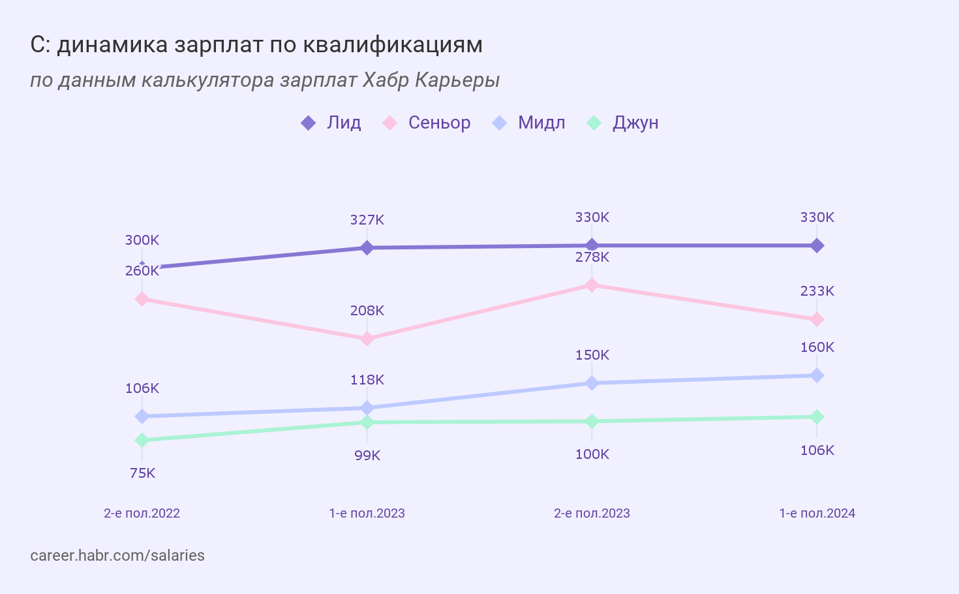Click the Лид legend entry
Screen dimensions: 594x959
[331, 123]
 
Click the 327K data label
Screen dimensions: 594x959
[367, 220]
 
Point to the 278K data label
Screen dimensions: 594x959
[592, 257]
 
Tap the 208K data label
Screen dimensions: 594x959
[367, 311]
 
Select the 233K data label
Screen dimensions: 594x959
[817, 291]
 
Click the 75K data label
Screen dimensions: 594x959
[142, 473]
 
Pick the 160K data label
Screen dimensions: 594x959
[817, 347]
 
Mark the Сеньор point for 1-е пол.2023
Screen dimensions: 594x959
[367, 339]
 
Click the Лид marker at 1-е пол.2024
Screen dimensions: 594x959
[817, 245]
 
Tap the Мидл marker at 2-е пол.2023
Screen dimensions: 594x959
[592, 383]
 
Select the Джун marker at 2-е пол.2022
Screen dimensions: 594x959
[142, 441]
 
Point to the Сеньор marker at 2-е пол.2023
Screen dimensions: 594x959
[592, 285]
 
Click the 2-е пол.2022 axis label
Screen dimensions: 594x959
[142, 513]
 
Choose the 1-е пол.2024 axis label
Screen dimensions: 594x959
[817, 513]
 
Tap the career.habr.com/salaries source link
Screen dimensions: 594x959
[117, 555]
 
